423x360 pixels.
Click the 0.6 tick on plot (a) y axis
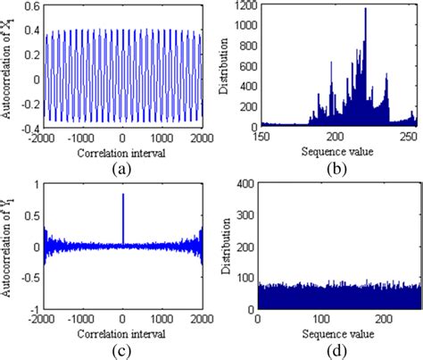point(42,7)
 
